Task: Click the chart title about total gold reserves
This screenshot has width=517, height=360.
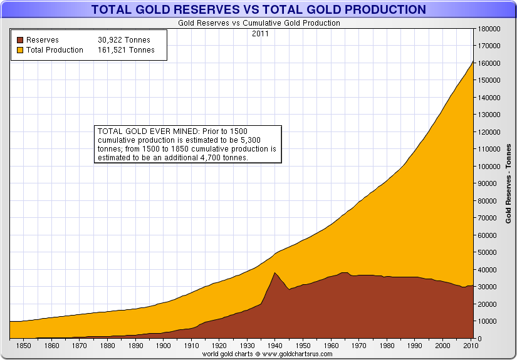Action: [x=258, y=9]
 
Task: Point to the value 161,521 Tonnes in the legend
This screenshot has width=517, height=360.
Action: [x=126, y=50]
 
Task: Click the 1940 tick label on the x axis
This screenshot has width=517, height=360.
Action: [x=274, y=345]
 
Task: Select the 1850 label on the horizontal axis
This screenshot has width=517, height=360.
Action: [x=24, y=345]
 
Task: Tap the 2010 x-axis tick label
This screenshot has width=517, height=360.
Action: [x=469, y=345]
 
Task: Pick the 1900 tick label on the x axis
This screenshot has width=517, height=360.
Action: [x=164, y=345]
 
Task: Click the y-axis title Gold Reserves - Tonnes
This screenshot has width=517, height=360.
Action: [x=508, y=183]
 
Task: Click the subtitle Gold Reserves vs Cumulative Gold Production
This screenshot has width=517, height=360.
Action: [x=258, y=23]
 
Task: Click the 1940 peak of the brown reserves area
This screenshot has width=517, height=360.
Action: [x=274, y=272]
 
